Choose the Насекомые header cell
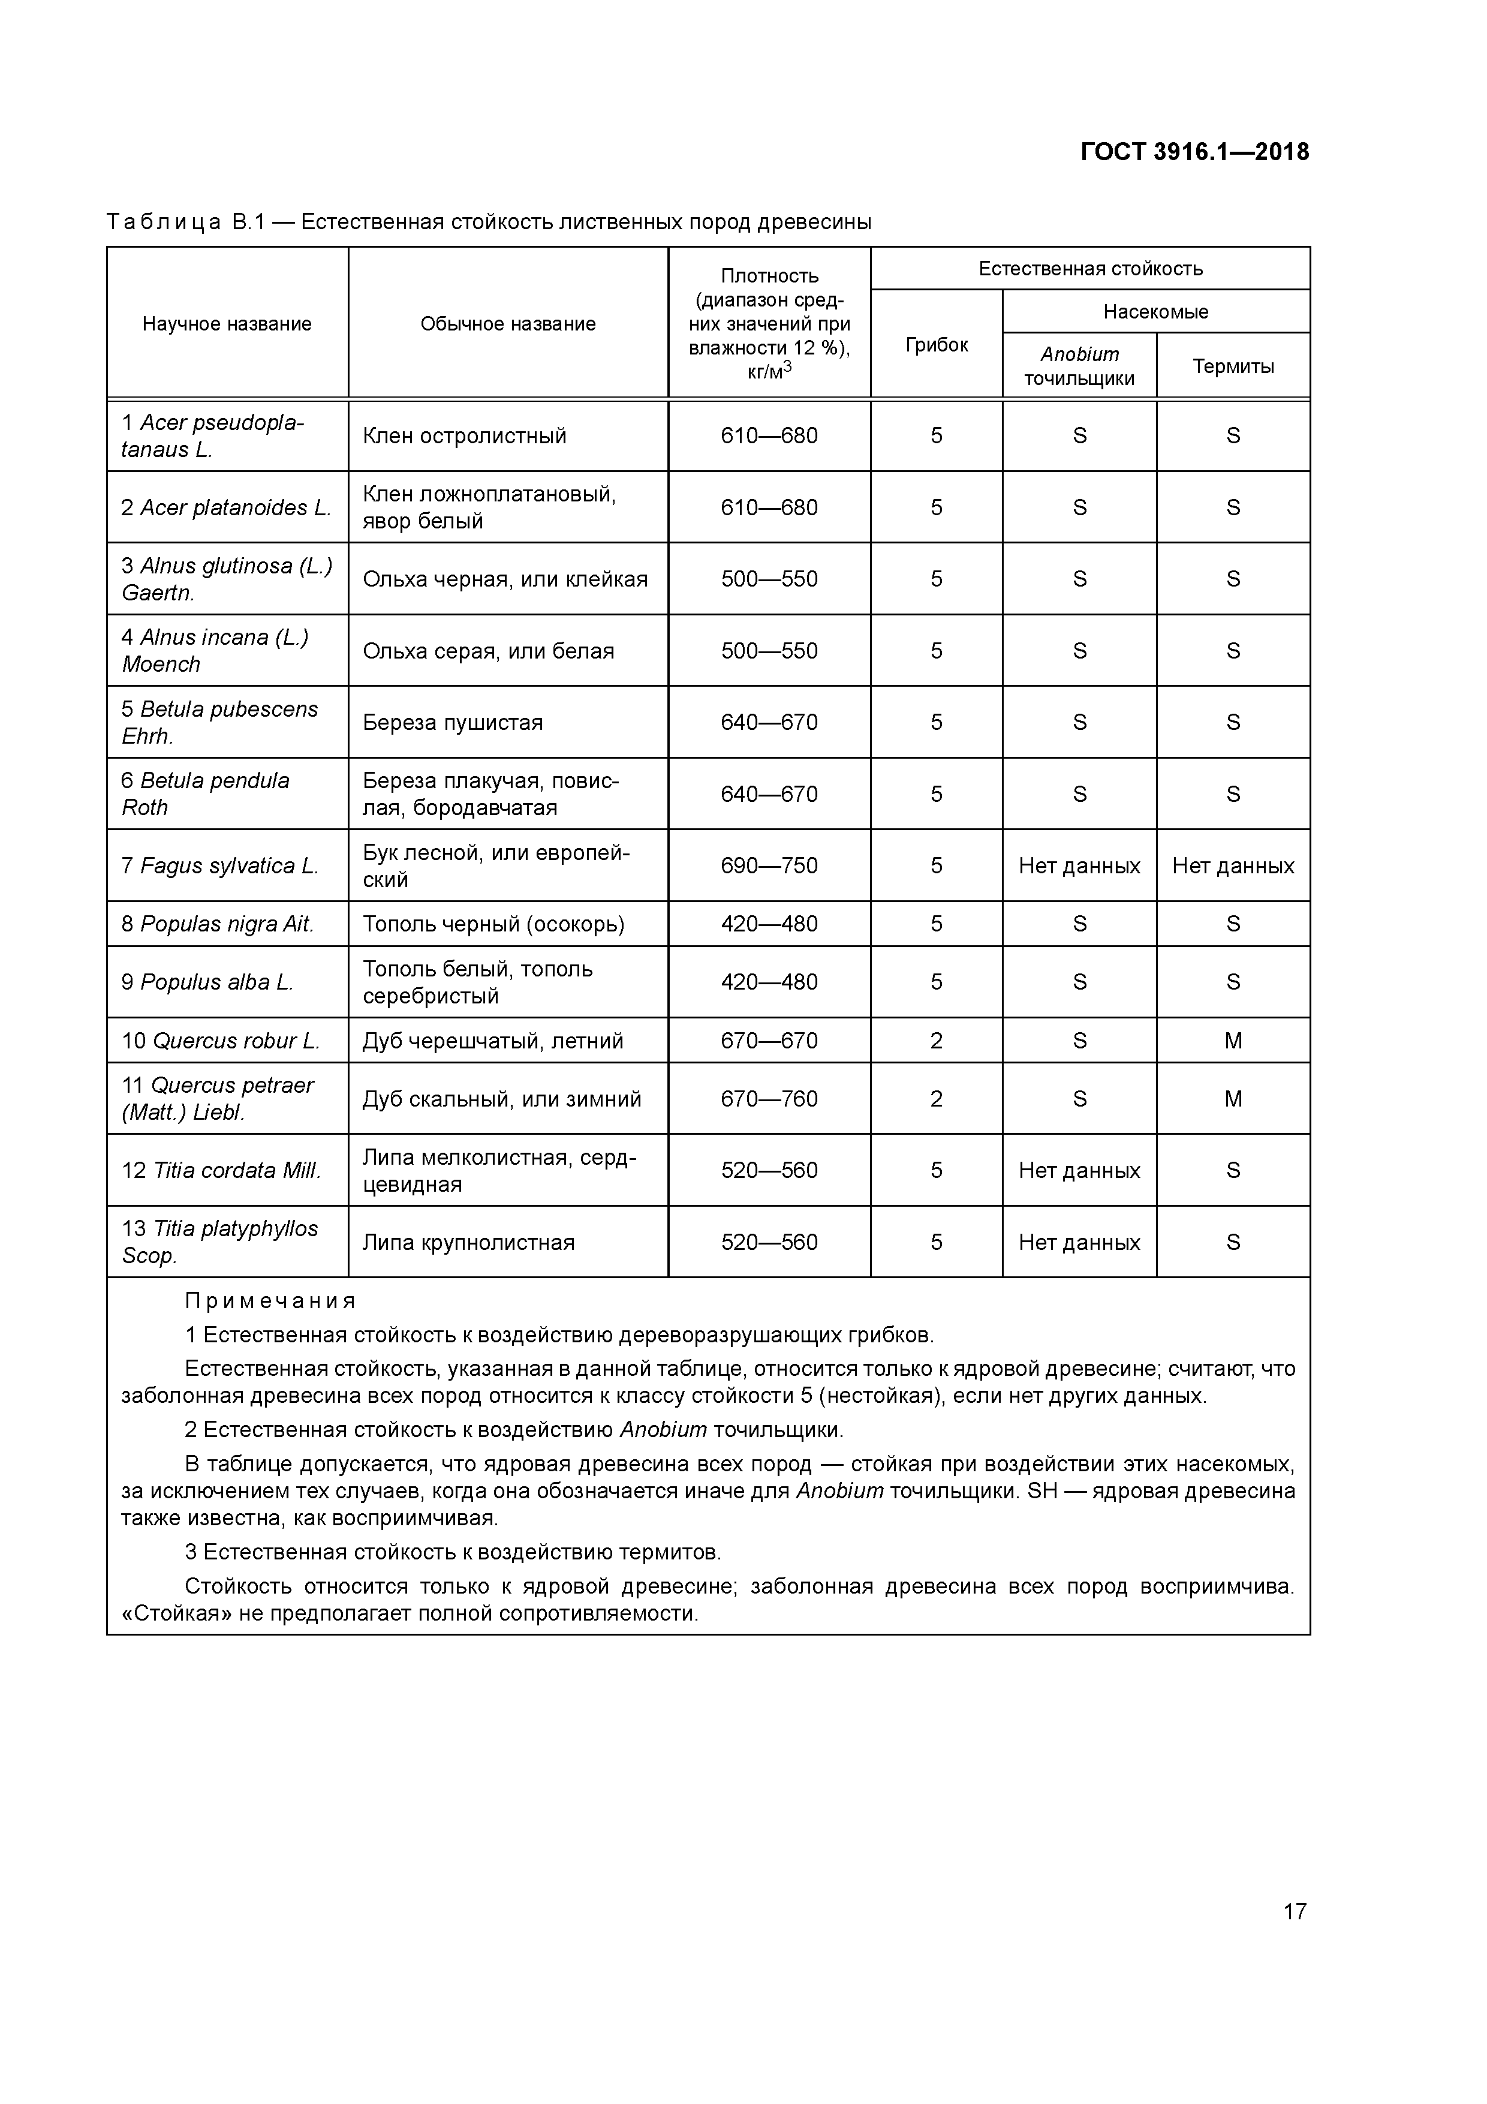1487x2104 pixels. click(x=1155, y=311)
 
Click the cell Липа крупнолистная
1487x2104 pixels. click(x=468, y=1243)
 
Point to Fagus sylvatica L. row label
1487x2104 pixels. click(x=220, y=866)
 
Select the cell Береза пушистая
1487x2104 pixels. click(x=453, y=723)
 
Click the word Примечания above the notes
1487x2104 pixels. click(x=270, y=1302)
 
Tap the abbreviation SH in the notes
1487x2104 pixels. click(x=1041, y=1491)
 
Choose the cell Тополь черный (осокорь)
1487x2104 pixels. click(x=493, y=924)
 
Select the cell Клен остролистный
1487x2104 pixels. click(x=465, y=436)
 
